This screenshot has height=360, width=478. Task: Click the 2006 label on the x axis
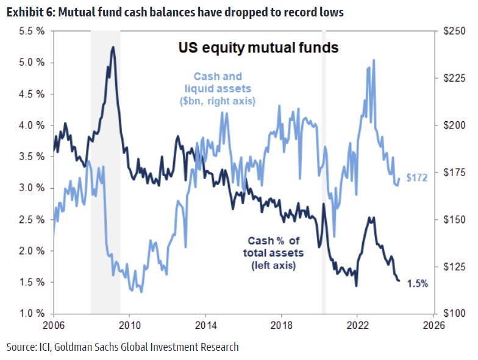(x=54, y=325)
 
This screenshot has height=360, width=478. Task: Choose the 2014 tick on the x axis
(x=205, y=325)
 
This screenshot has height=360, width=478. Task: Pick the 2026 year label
(x=433, y=325)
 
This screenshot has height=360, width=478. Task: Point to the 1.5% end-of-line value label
(x=418, y=283)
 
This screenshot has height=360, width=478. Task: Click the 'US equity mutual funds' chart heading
(x=258, y=48)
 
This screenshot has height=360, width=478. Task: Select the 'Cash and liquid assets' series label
(x=218, y=88)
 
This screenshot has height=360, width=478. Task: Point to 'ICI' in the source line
(x=52, y=347)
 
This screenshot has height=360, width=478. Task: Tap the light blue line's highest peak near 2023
(x=373, y=60)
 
